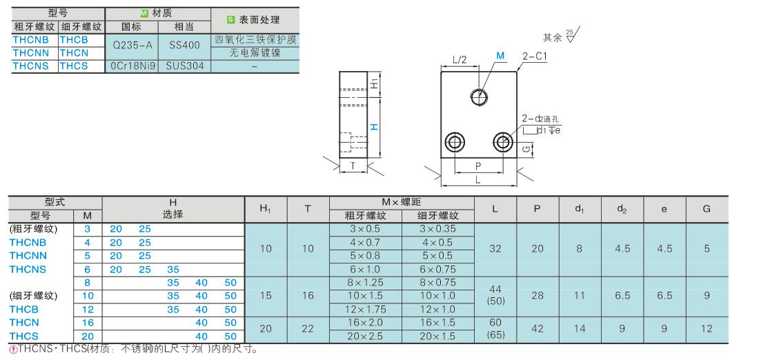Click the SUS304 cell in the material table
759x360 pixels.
coord(184,66)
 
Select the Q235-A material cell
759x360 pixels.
coord(132,46)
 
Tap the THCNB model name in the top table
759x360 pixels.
coord(30,40)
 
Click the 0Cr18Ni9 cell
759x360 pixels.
coord(132,66)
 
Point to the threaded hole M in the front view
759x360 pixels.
coord(479,97)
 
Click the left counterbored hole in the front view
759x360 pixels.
coord(455,142)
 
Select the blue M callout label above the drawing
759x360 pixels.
coord(500,56)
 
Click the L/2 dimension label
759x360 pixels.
coord(460,60)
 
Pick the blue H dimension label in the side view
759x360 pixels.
coord(374,127)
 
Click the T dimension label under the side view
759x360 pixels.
coord(353,166)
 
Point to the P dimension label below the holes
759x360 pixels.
coord(478,166)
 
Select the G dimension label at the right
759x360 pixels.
coord(526,150)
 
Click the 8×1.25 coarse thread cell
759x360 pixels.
coord(366,283)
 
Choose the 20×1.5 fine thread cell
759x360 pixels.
coord(438,337)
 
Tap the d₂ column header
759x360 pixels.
coord(622,210)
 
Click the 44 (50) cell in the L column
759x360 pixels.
coord(495,295)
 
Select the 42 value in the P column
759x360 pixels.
coord(538,328)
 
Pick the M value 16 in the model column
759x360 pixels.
coord(87,323)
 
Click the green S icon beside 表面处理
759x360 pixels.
coord(231,20)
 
